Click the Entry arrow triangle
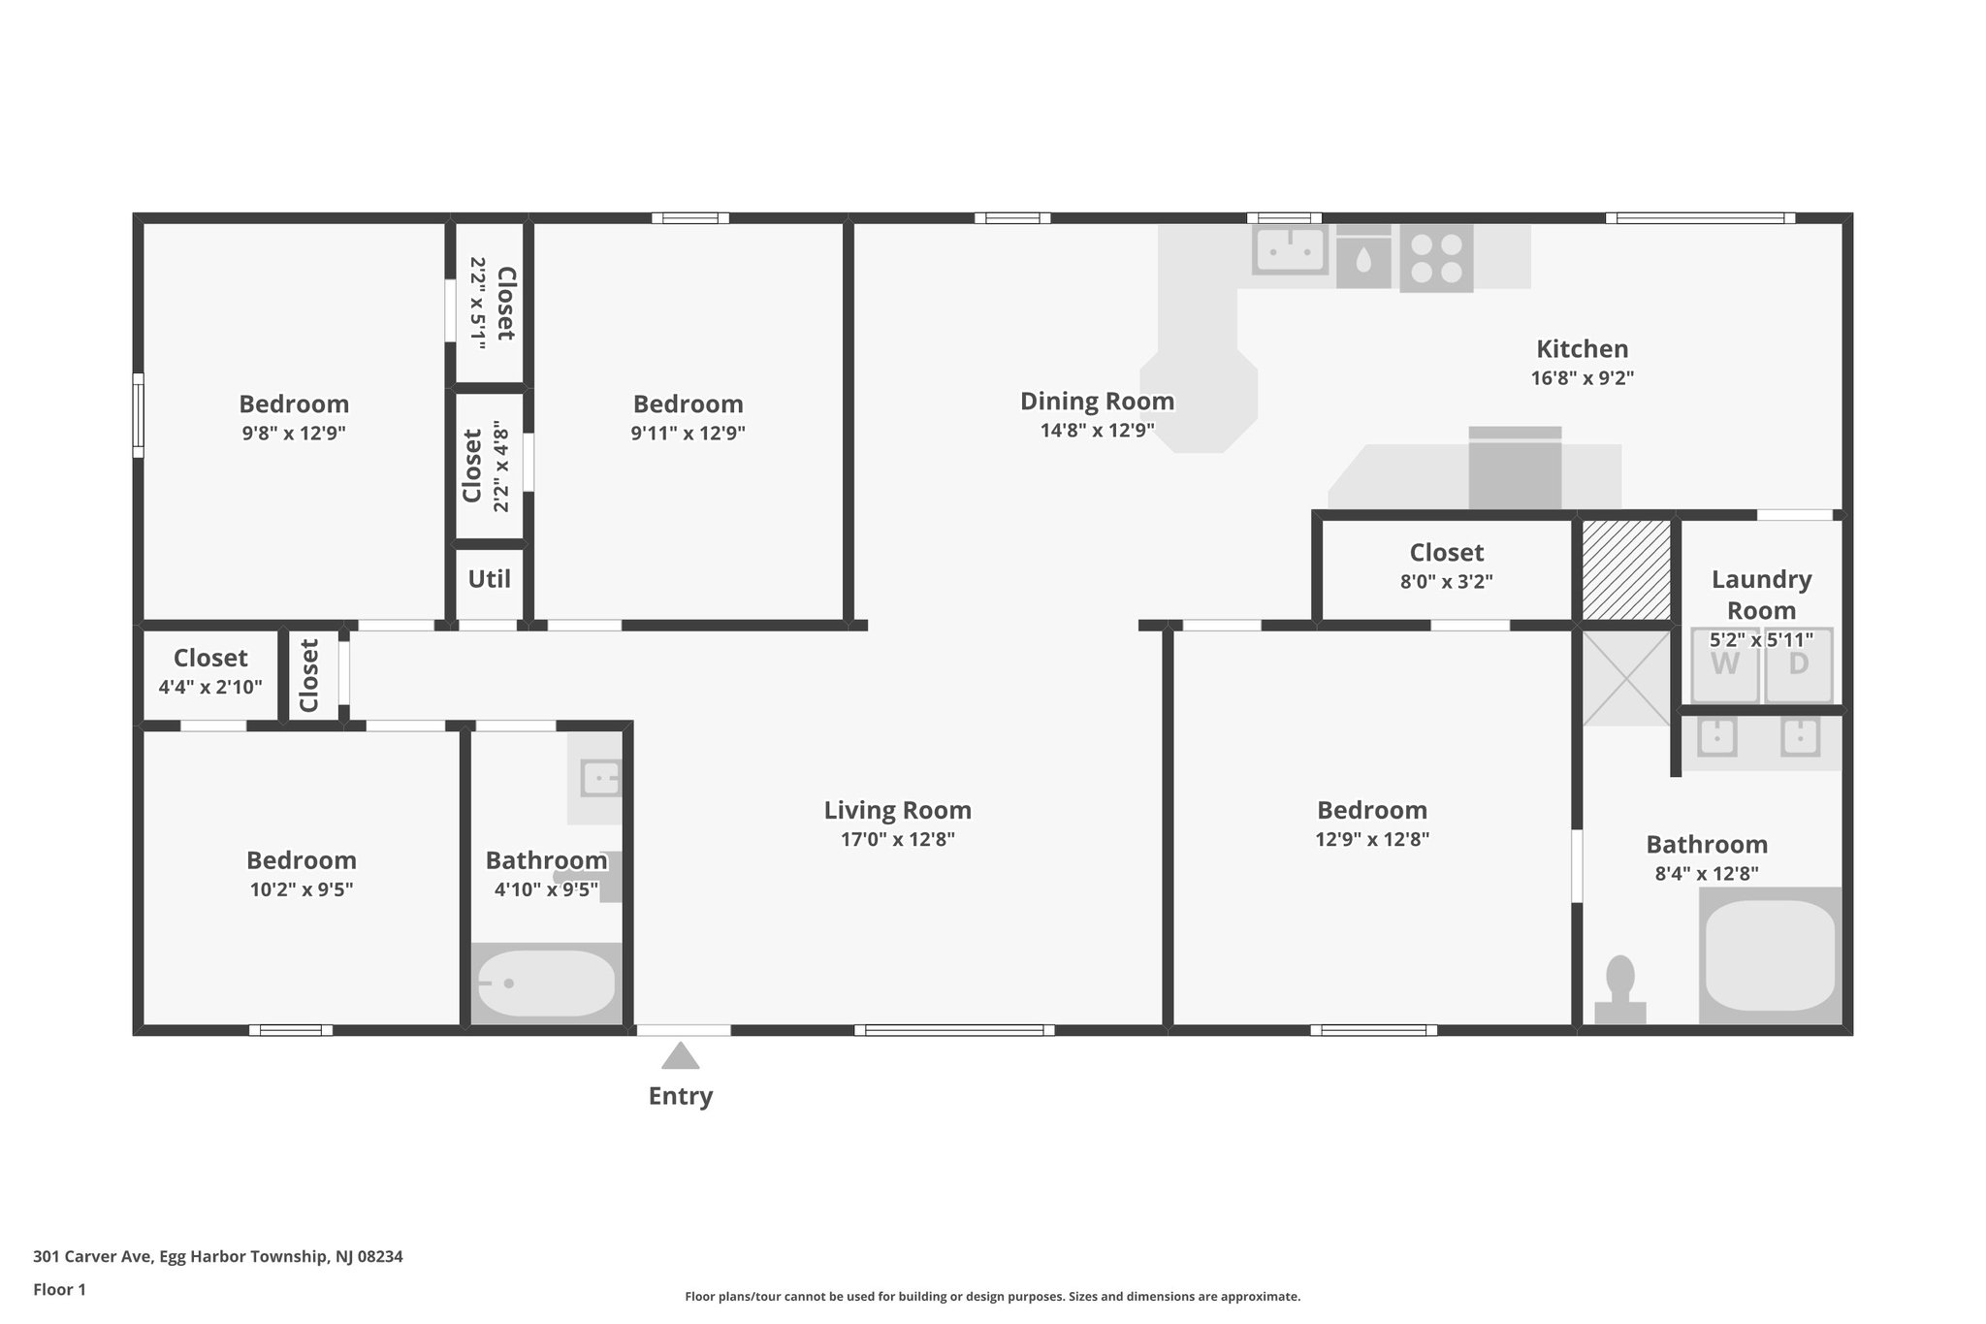[681, 1056]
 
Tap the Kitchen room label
[1582, 349]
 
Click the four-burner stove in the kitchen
[1436, 258]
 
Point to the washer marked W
[1724, 665]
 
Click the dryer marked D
[1798, 665]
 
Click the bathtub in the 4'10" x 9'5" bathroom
[546, 984]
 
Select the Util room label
[489, 579]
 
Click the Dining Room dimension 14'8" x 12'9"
[1097, 431]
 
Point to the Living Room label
[897, 810]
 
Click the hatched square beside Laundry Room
[1626, 570]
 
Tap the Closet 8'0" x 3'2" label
[1446, 553]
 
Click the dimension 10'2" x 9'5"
[302, 889]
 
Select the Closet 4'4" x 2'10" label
[210, 659]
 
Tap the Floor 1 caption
[59, 1289]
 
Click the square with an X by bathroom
[1626, 678]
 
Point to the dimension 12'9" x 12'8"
[1371, 839]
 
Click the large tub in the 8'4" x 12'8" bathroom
[1770, 955]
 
